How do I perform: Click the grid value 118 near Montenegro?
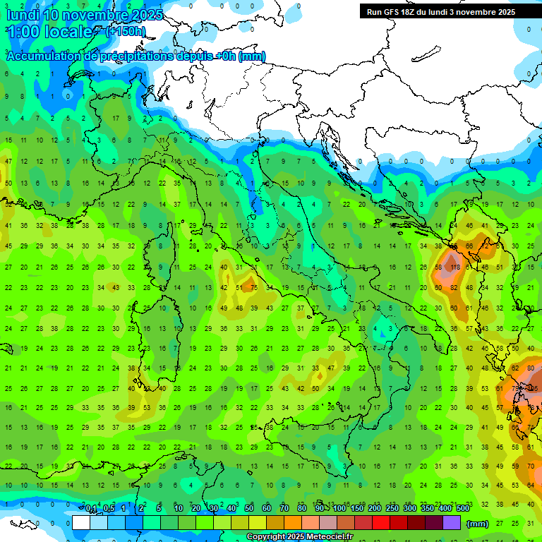pos(454,267)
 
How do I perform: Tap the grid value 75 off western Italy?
pos(253,288)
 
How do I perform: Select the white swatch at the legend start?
pos(81,523)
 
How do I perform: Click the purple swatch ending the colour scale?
pos(452,523)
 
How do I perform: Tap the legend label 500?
pos(463,508)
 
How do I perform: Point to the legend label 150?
pos(357,508)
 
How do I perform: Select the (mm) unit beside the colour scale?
pos(477,524)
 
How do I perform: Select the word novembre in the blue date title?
pos(92,14)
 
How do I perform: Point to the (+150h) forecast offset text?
pos(126,31)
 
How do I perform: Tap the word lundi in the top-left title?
pos(21,14)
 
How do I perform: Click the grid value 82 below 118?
pos(454,287)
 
